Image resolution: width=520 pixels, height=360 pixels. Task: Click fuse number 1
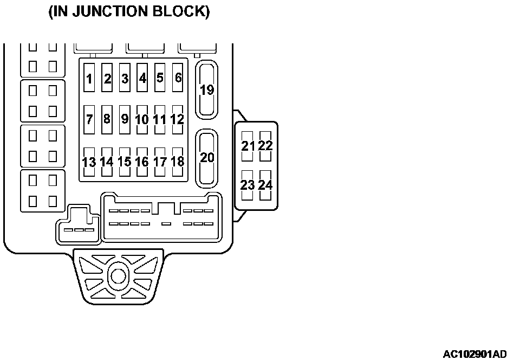point(89,79)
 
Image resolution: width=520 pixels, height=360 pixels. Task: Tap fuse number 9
point(125,119)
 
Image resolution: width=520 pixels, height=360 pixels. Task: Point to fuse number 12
point(177,119)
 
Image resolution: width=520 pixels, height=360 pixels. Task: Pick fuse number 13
point(89,162)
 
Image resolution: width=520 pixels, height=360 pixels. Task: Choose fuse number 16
point(142,162)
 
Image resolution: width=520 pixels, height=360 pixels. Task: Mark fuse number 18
point(177,162)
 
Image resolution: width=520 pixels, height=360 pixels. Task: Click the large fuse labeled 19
point(206,90)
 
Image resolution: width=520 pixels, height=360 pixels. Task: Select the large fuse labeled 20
point(206,157)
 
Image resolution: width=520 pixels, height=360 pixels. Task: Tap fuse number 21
point(248,146)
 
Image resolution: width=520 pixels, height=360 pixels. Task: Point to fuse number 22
point(265,146)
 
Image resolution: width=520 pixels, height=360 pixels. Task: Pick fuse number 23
point(248,185)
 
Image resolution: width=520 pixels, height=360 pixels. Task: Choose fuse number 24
point(265,185)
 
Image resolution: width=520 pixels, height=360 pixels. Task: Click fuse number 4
point(142,78)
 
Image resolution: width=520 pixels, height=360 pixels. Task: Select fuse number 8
point(107,119)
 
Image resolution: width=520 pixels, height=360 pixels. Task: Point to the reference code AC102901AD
point(475,354)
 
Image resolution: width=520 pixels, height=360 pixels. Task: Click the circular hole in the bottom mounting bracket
point(117,275)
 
